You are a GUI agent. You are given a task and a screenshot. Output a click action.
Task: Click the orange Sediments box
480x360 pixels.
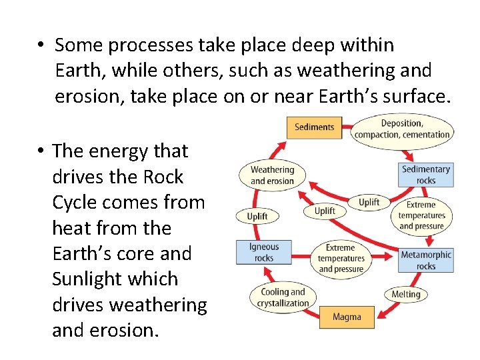tap(314, 127)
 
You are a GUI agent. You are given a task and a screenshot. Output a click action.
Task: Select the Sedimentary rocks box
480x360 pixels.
tap(425, 175)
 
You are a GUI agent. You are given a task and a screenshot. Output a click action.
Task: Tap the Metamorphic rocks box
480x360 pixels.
tap(425, 260)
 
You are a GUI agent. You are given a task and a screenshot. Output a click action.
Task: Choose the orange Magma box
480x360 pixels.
tap(347, 317)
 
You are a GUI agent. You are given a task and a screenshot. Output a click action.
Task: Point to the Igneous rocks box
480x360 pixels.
tap(264, 252)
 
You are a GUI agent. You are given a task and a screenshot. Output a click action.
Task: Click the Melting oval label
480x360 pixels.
tap(406, 294)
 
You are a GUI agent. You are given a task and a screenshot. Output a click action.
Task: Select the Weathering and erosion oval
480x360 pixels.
tap(272, 175)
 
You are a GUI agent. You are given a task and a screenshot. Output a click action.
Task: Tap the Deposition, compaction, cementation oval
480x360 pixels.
tap(402, 129)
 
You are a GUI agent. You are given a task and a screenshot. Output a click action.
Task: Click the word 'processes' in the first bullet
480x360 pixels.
tap(141, 45)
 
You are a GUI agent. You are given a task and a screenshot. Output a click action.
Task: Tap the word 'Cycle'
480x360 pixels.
tap(75, 203)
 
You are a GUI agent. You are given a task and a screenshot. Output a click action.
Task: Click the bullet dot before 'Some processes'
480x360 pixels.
tap(41, 46)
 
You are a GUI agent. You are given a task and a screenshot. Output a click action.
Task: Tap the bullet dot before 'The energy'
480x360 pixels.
tap(41, 152)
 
